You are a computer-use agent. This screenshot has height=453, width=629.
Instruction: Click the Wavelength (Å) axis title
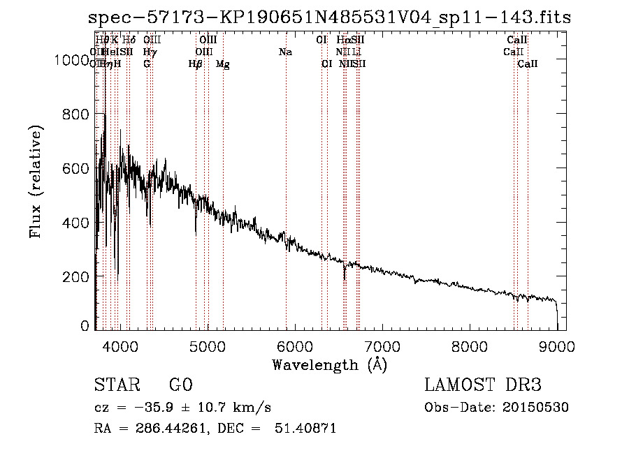pos(329,365)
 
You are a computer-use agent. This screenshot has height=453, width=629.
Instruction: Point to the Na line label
pos(285,52)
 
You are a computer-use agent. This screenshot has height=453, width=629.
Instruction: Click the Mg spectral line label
pos(223,64)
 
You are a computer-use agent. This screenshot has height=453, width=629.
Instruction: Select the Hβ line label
pos(196,64)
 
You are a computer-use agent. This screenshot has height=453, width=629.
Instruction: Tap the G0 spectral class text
pos(180,386)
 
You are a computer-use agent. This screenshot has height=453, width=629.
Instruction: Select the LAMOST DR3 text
pos(483,386)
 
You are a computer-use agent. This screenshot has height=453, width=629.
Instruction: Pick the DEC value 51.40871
pos(308,429)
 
